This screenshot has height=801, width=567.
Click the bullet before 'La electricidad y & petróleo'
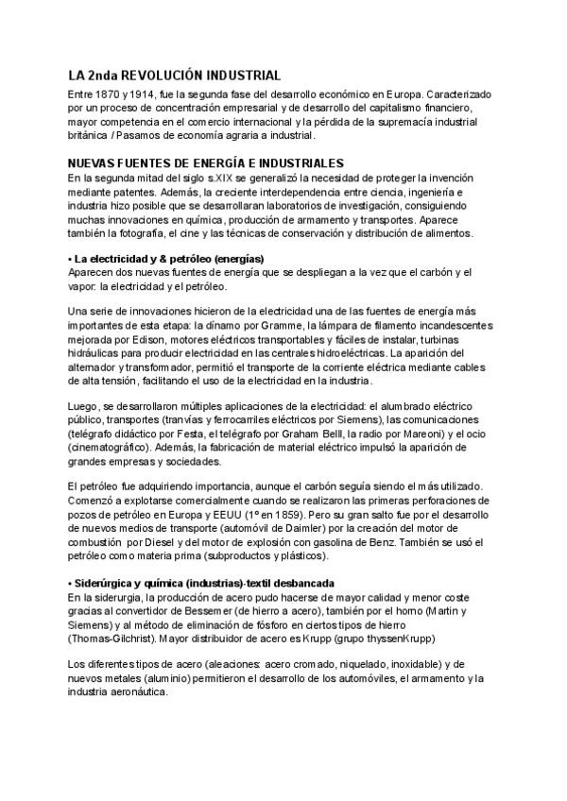click(70, 259)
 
